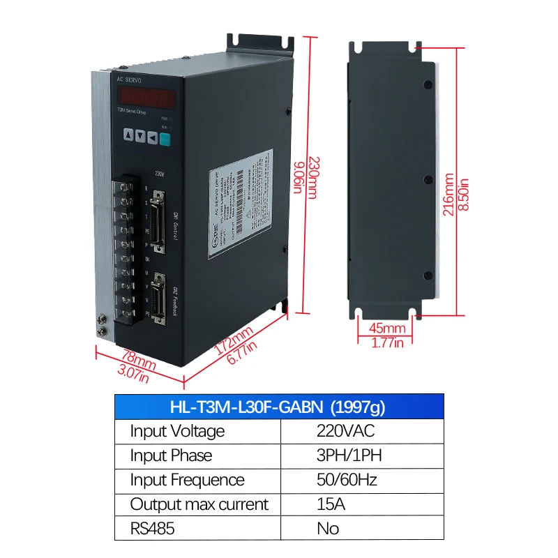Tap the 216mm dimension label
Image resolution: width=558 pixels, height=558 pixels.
(449, 196)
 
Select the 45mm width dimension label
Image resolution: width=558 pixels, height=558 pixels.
(386, 329)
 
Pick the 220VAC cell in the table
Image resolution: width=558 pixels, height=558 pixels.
(345, 430)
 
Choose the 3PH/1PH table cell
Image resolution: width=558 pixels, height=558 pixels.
(349, 455)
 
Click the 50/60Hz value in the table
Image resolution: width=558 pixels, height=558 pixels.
(347, 480)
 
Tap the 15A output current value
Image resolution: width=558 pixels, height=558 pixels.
(331, 504)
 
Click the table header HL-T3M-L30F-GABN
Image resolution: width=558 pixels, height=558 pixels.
(279, 406)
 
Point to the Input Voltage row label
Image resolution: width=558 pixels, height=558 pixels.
(177, 430)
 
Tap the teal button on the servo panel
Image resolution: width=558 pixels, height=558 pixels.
(165, 139)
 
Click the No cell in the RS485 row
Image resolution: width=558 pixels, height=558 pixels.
(328, 529)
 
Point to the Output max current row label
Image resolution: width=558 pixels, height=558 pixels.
(199, 504)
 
